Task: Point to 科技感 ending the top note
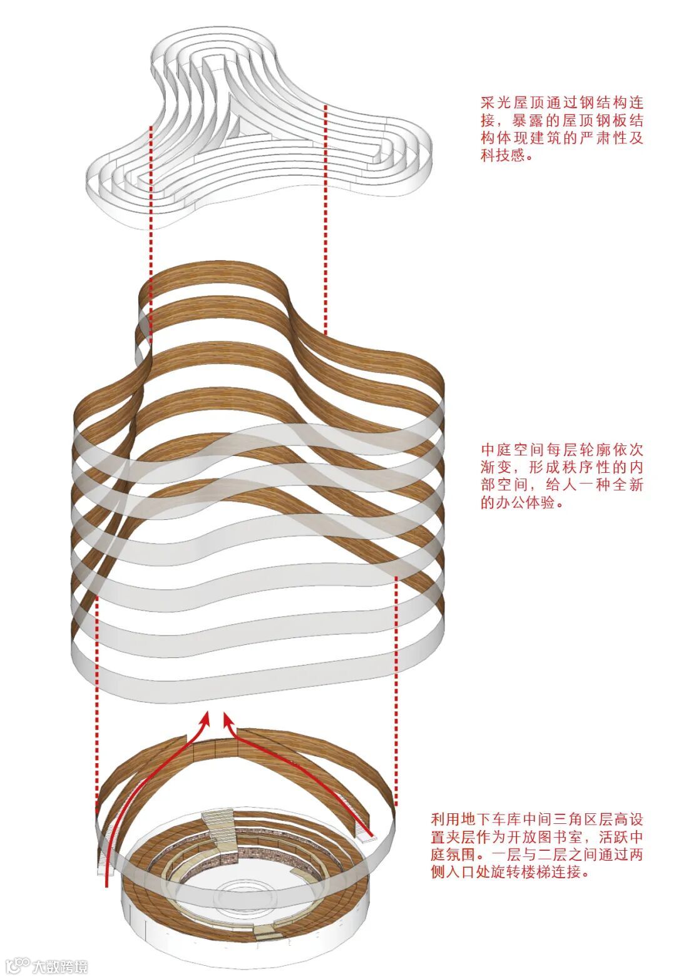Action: [504, 156]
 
